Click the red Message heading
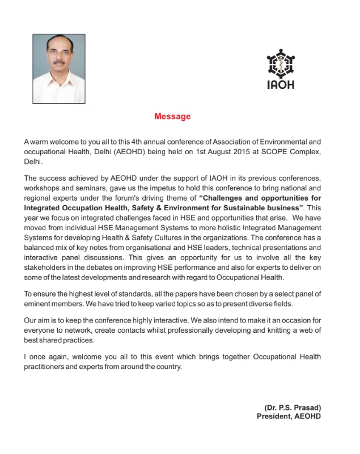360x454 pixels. (172, 117)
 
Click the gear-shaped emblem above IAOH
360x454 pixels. (280, 62)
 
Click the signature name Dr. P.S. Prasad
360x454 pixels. (293, 408)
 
